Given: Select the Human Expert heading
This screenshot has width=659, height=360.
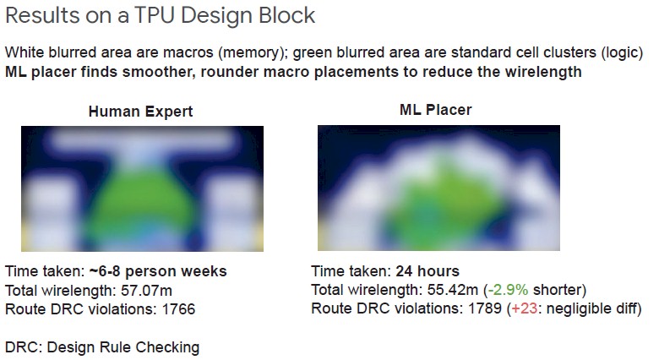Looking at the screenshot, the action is (x=140, y=112).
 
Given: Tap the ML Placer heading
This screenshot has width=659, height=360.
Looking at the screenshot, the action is (x=435, y=110).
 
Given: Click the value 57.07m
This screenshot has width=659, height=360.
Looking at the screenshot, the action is (x=146, y=291).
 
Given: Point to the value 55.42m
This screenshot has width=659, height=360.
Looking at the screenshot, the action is (x=453, y=290).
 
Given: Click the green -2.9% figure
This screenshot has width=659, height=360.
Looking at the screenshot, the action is (x=508, y=290).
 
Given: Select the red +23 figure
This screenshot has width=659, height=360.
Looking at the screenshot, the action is (x=524, y=308).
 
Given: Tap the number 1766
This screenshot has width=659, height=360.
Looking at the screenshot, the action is (x=178, y=309).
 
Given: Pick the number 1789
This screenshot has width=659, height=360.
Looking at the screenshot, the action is (x=485, y=308).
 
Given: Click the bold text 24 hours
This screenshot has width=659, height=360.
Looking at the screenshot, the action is (x=428, y=271).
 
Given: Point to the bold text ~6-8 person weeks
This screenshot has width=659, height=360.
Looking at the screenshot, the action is (x=158, y=271).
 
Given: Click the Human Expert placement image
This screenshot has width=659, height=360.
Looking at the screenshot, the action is (x=143, y=188).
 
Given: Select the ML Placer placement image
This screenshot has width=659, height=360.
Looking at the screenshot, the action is (x=438, y=188).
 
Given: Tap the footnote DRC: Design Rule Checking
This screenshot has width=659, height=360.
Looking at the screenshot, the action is (x=102, y=348).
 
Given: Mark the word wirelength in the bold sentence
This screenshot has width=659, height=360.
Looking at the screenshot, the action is (x=543, y=72).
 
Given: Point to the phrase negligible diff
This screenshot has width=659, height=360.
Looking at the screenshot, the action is (x=591, y=308).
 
